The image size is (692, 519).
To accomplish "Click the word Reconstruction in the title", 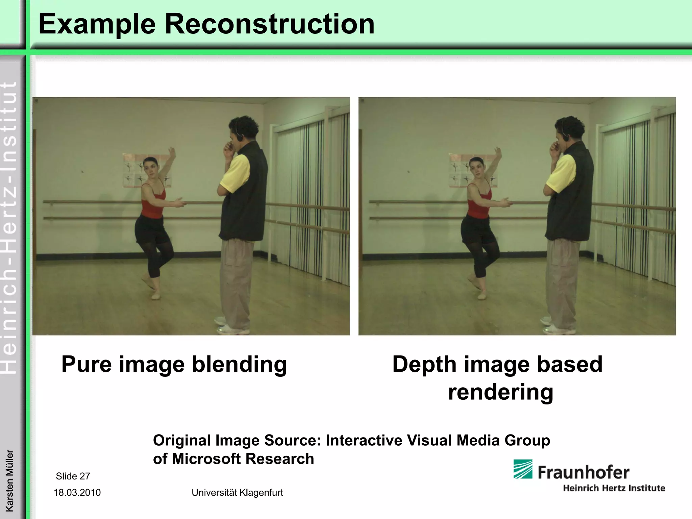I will (269, 24).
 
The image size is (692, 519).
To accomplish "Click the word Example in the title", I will (97, 24).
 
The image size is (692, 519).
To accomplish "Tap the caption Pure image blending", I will (174, 365).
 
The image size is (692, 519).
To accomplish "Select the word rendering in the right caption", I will (500, 392).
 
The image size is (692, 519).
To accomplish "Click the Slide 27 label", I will (73, 476).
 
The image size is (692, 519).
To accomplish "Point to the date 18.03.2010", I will (77, 493).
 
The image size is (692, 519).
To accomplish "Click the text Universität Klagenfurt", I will (237, 493).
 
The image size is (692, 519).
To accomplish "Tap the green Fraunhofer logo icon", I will (523, 469).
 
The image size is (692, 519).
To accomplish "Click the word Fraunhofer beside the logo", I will (583, 472).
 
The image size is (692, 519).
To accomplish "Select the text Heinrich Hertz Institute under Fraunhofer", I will (614, 488).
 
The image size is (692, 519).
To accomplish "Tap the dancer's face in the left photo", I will (149, 166).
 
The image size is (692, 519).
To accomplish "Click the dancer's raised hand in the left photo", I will (172, 151).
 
